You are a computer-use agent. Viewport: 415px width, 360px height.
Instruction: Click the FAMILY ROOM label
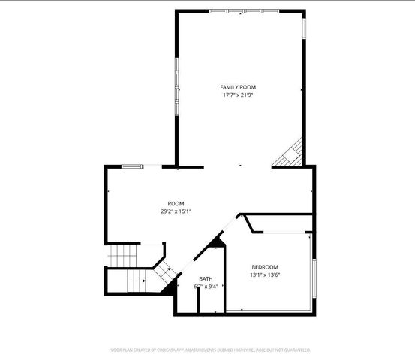(x=238, y=87)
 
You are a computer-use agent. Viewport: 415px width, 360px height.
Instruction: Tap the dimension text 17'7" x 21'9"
(x=238, y=95)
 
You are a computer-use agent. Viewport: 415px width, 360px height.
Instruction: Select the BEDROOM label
(x=265, y=267)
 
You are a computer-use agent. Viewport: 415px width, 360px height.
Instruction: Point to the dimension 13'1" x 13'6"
(x=265, y=274)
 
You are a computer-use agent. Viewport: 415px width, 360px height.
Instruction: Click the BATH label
(x=205, y=279)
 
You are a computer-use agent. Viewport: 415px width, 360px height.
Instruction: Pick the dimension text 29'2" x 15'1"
(x=176, y=211)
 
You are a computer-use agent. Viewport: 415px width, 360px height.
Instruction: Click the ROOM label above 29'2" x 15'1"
(x=176, y=203)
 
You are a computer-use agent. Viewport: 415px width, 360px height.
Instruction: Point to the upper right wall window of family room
(x=305, y=27)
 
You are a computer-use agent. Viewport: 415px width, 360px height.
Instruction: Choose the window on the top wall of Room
(x=133, y=166)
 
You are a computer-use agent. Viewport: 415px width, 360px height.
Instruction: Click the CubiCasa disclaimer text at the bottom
(x=209, y=349)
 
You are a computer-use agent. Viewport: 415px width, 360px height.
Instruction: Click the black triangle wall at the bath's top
(x=218, y=241)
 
